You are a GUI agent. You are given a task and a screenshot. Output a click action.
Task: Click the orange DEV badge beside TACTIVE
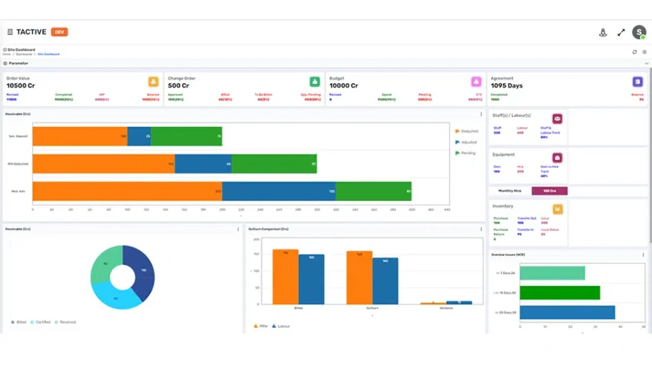[x=60, y=32]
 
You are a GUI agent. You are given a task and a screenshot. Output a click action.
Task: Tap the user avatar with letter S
[x=638, y=32]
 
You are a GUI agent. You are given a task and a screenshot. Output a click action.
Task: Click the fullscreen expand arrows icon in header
[x=621, y=32]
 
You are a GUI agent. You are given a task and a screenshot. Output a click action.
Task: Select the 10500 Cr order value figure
[x=21, y=85]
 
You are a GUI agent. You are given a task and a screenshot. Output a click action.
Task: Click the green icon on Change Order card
[x=315, y=82]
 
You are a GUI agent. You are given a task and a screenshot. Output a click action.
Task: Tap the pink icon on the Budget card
[x=476, y=82]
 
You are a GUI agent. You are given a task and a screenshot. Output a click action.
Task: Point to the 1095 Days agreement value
[x=506, y=85]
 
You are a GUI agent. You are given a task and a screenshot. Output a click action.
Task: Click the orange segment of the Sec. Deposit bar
[x=80, y=136]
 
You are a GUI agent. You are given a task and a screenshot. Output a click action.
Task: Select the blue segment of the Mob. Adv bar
[x=278, y=191]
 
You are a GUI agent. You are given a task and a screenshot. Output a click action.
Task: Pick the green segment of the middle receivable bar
[x=273, y=163]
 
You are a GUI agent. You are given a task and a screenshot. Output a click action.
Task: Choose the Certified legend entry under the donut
[x=42, y=322]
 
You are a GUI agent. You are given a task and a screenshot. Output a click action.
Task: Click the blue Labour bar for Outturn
[x=385, y=281]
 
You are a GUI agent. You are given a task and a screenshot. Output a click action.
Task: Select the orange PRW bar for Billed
[x=285, y=277]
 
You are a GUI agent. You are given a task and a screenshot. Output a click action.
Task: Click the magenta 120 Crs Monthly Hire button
[x=549, y=191]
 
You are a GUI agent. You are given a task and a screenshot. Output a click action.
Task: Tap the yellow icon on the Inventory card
[x=557, y=209]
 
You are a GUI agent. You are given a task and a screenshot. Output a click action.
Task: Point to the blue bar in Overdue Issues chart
[x=567, y=313]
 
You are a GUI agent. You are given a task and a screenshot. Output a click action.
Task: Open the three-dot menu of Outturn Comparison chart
[x=481, y=229]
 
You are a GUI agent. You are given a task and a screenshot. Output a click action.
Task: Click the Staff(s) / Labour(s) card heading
[x=511, y=115]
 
